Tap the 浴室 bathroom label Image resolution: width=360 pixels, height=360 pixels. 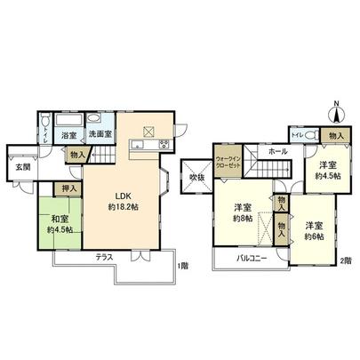tap(68, 134)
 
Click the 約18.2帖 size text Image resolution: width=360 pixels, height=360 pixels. tap(123, 207)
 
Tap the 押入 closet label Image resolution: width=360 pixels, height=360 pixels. tap(67, 189)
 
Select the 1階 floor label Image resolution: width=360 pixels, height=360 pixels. tap(180, 267)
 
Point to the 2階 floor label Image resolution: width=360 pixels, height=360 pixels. tap(345, 260)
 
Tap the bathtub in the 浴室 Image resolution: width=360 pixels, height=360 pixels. tap(68, 120)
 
